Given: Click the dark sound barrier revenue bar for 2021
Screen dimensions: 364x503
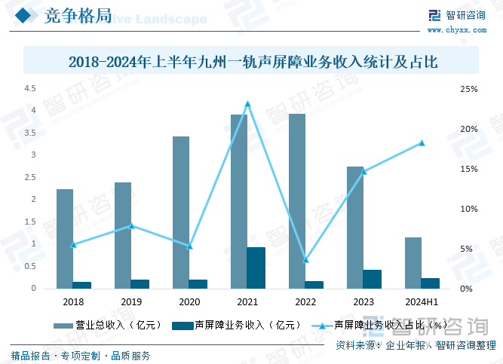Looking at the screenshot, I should click(256, 268).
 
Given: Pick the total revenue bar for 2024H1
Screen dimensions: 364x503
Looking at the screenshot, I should click(413, 262).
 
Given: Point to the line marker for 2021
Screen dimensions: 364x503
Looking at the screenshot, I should click(247, 104).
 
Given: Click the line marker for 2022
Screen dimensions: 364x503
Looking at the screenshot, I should click(305, 260).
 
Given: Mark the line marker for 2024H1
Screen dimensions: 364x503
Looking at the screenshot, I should click(422, 143).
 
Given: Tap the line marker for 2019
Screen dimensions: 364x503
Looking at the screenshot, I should click(131, 225).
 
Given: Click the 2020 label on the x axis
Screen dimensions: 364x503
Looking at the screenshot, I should click(189, 301).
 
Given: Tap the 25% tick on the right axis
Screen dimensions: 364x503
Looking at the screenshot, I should click(468, 89).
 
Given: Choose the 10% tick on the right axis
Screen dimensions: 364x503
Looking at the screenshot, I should click(468, 209).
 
